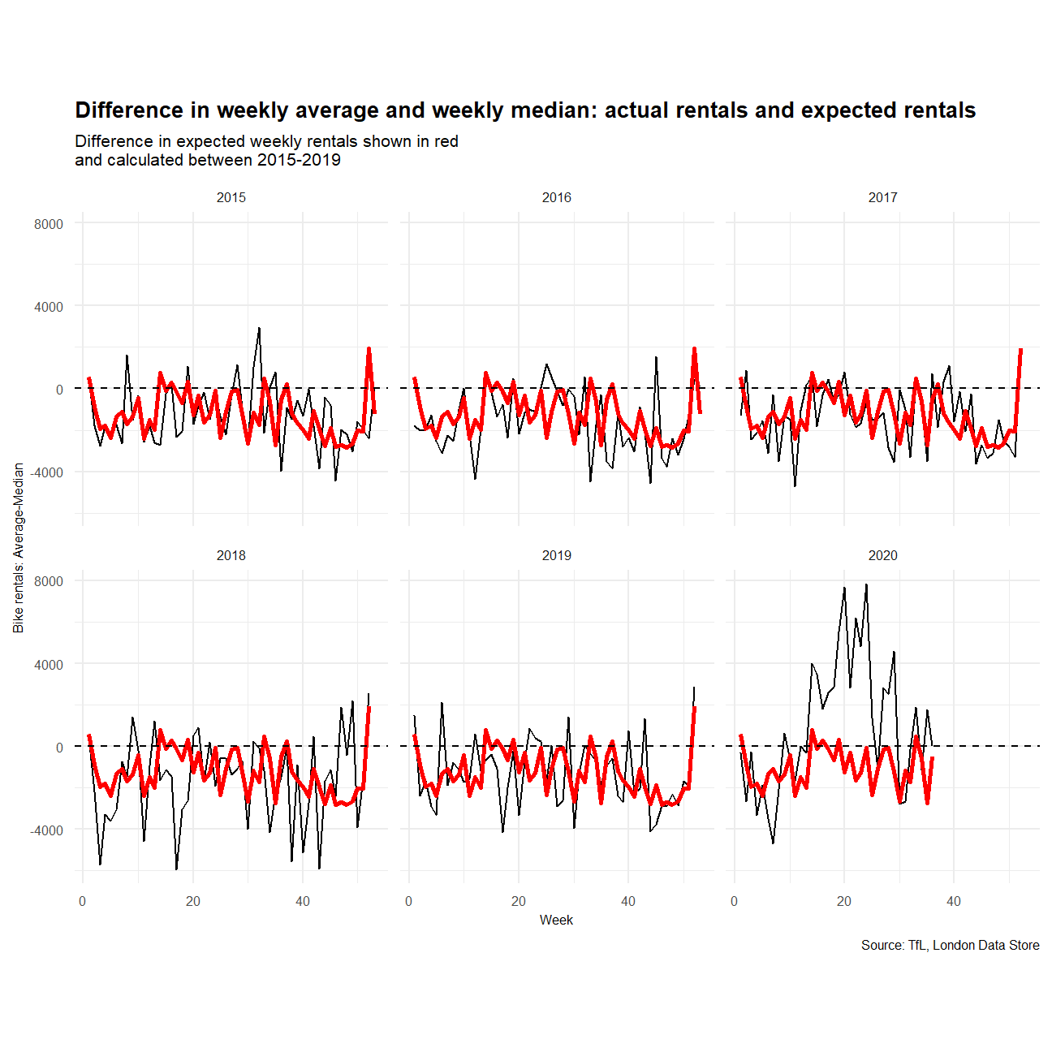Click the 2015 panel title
(x=231, y=197)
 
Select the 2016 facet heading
(x=557, y=197)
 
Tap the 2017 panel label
(x=883, y=197)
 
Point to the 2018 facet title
(x=231, y=555)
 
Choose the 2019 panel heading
(x=557, y=555)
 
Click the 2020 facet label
(x=883, y=555)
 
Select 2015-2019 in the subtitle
(x=299, y=160)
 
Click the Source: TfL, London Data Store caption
(x=950, y=945)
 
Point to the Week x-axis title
(x=556, y=920)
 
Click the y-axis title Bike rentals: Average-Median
(x=19, y=548)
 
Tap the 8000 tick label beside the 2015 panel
(x=49, y=224)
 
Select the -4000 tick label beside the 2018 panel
(x=47, y=830)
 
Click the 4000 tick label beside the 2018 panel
(x=49, y=665)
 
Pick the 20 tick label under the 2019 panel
(x=519, y=901)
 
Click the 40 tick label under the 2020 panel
(x=954, y=901)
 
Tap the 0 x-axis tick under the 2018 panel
(x=83, y=901)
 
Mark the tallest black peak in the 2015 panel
(x=259, y=328)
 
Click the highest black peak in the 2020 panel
(x=866, y=584)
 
